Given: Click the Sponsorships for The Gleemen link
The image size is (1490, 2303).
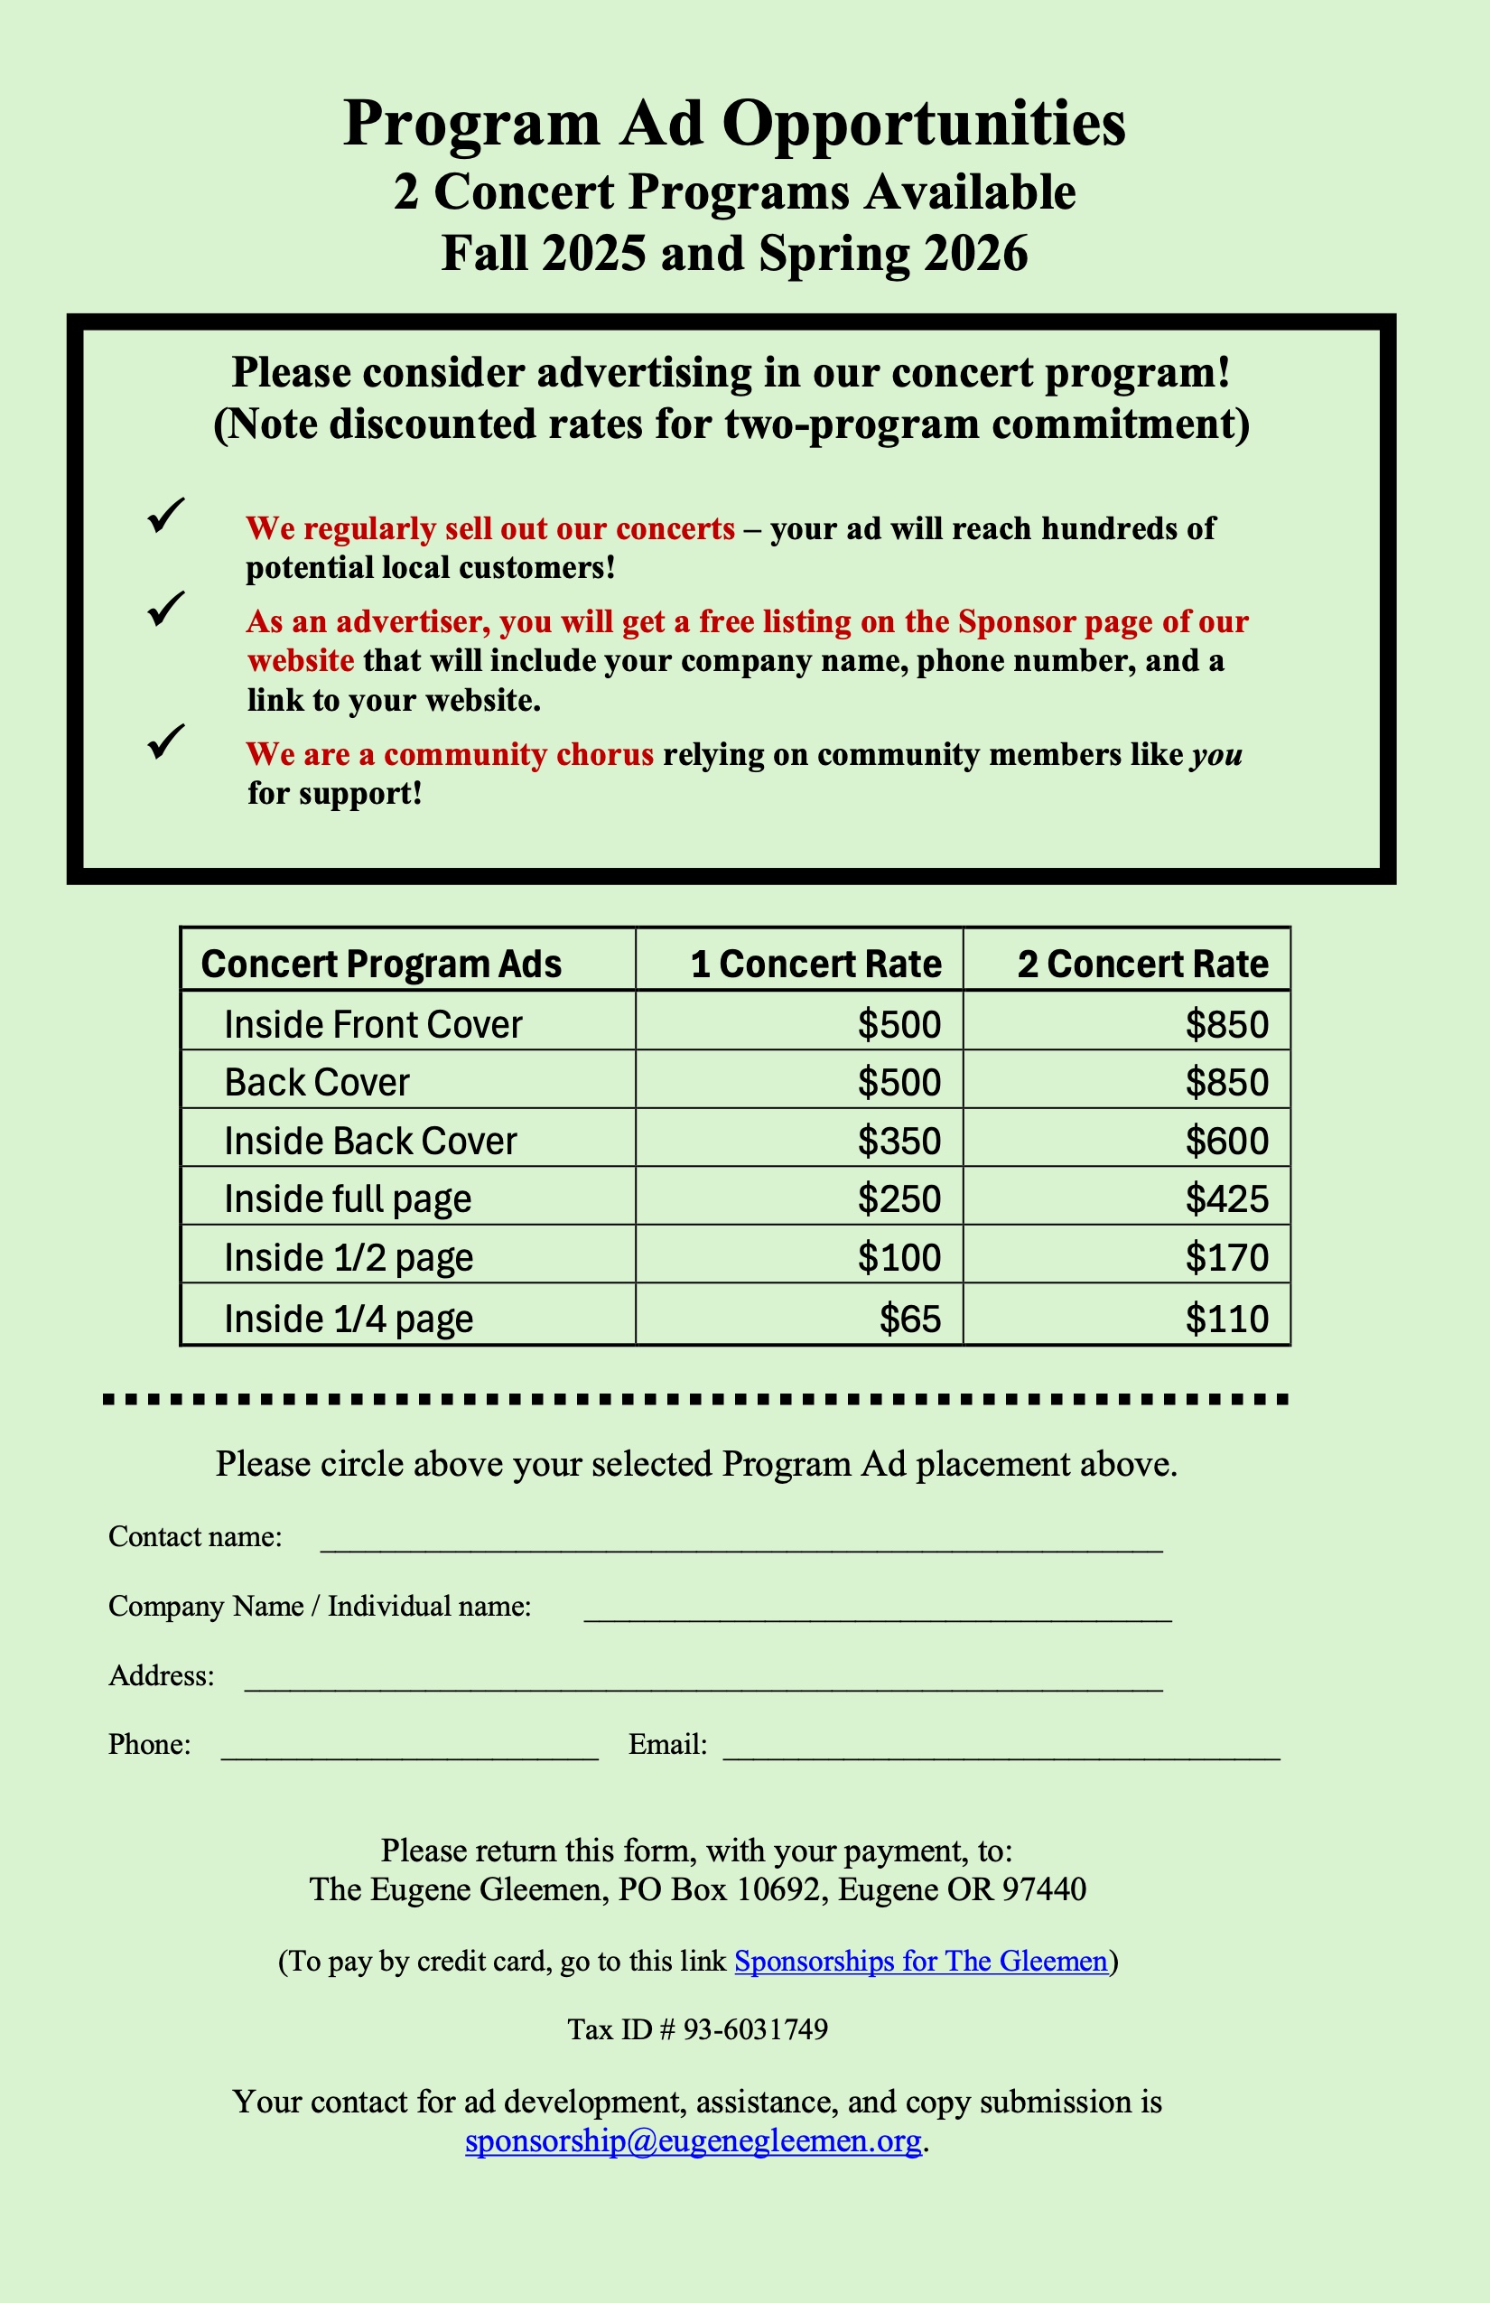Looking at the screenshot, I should (x=920, y=1961).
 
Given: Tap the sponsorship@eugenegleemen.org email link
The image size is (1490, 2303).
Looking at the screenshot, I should (x=693, y=2140).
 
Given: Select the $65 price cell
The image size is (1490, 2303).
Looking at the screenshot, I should (x=909, y=1318).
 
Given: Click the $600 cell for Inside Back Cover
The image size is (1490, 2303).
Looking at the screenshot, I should (x=1226, y=1141).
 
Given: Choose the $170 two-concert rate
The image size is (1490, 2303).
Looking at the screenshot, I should (x=1226, y=1257).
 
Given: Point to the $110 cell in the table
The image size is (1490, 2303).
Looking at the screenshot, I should (x=1226, y=1318).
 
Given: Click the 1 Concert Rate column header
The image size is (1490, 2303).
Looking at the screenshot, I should (x=815, y=964).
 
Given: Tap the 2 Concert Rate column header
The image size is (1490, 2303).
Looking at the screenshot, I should (x=1141, y=964).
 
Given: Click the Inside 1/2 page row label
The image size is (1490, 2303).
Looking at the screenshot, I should (x=349, y=1257).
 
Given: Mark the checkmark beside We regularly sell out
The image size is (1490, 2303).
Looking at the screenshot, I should (x=165, y=516).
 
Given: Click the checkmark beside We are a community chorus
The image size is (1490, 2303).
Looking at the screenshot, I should (x=165, y=742).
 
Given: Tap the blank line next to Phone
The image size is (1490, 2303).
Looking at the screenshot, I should (x=409, y=1752).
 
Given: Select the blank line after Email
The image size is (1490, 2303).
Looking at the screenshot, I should (x=1001, y=1752).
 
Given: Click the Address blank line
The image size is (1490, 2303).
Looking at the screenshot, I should (x=703, y=1683).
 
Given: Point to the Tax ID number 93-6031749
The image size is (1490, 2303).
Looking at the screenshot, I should (x=755, y=2029).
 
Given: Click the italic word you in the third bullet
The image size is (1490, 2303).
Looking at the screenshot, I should (x=1216, y=755).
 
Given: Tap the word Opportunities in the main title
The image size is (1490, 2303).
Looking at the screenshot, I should (x=923, y=123).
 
